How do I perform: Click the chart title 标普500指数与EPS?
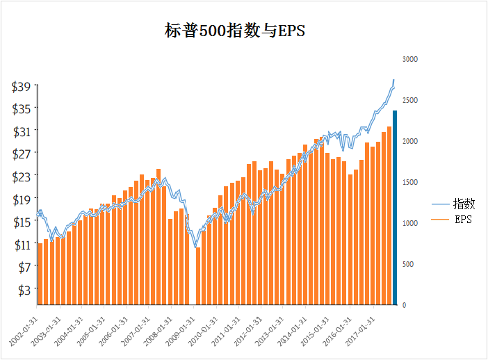235,31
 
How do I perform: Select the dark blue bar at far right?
395,207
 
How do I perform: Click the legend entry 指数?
464,204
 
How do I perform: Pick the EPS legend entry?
463,220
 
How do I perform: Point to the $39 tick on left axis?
21,86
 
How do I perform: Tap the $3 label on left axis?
24,289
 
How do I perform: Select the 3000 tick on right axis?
409,60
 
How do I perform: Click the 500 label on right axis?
407,264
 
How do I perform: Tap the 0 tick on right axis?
404,305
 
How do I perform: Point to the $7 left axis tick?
24,267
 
